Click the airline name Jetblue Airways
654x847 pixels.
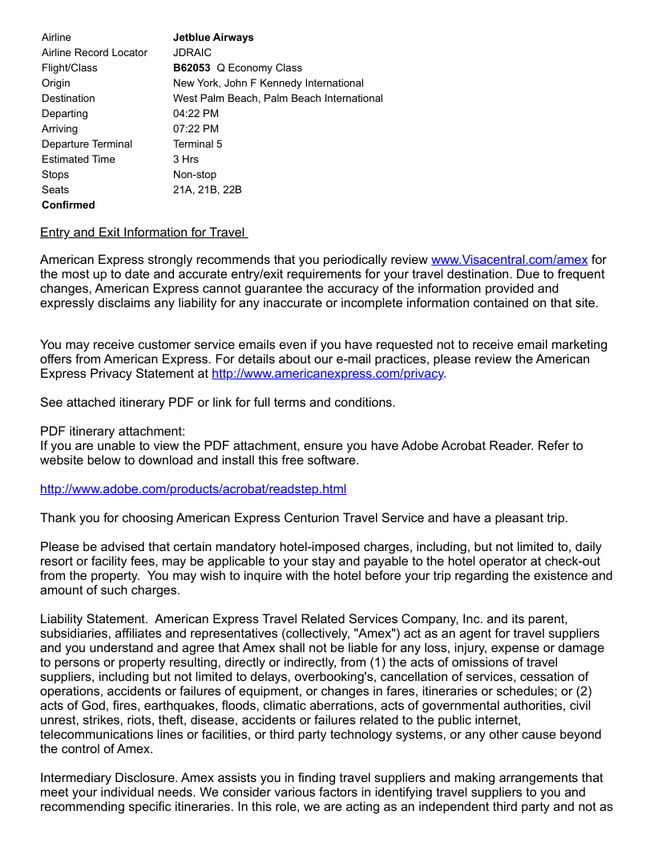pyautogui.click(x=213, y=38)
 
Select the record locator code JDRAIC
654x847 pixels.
pyautogui.click(x=192, y=53)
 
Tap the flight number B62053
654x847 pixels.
pyautogui.click(x=192, y=68)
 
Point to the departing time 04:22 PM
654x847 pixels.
pyautogui.click(x=196, y=114)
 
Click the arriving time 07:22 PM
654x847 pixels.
pyautogui.click(x=196, y=129)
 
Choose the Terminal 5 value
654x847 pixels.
pyautogui.click(x=197, y=144)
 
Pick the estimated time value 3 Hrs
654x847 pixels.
pyautogui.click(x=186, y=160)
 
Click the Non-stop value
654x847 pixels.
pyautogui.click(x=195, y=175)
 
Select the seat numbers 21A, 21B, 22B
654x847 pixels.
pyautogui.click(x=207, y=190)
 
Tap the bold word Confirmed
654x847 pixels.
pyautogui.click(x=68, y=205)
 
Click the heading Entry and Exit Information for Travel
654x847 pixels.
pyautogui.click(x=143, y=233)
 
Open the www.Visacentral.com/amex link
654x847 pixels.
pyautogui.click(x=509, y=260)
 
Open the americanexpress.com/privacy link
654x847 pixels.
pyautogui.click(x=327, y=374)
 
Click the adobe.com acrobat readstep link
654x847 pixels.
pyautogui.click(x=193, y=489)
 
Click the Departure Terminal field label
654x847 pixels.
pyautogui.click(x=87, y=144)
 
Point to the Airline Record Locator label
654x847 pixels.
pyautogui.click(x=95, y=53)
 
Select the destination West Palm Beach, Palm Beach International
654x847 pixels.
pyautogui.click(x=277, y=99)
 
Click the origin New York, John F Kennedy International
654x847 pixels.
pyautogui.click(x=268, y=83)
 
